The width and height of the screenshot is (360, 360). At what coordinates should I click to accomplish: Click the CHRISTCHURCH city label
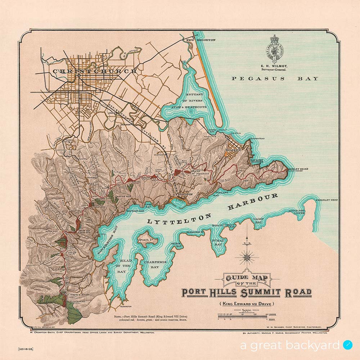tap(95, 71)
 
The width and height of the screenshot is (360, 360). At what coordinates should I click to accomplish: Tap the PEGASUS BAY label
tap(275, 78)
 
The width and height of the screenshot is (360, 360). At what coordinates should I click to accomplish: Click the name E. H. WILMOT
tap(275, 66)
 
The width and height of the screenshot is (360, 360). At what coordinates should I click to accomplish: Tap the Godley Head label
tap(298, 169)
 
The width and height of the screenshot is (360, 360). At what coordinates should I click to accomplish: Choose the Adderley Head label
tap(327, 200)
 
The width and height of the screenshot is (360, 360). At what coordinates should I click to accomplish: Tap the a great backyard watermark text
tap(290, 345)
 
